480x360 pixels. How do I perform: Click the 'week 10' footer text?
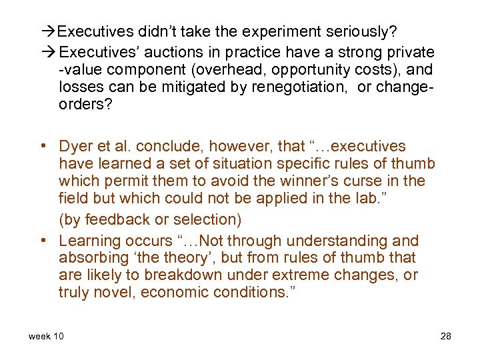(47, 336)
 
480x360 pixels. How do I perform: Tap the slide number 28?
(446, 336)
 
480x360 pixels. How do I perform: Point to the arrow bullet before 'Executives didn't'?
(50, 31)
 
